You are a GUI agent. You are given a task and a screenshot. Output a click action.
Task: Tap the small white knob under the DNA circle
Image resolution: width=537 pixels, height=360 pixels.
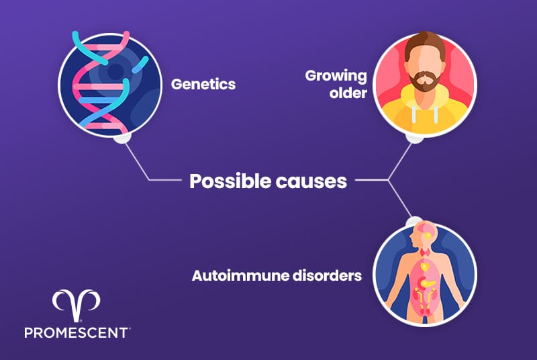click(x=121, y=139)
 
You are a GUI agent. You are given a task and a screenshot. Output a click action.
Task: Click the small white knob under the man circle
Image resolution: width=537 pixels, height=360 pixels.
click(x=416, y=138)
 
